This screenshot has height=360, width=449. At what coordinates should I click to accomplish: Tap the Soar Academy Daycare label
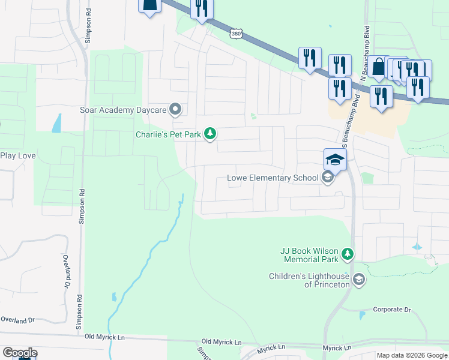[123, 110]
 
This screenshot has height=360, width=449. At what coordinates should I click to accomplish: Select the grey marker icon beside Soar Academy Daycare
[175, 109]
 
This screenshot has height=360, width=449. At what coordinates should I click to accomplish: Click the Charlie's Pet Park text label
[167, 134]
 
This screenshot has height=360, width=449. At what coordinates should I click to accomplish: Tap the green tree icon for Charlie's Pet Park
[209, 133]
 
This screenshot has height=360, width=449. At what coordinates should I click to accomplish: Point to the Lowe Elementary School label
[273, 178]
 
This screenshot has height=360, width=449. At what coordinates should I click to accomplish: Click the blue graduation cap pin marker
[335, 160]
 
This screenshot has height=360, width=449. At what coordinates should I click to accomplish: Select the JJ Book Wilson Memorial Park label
[309, 256]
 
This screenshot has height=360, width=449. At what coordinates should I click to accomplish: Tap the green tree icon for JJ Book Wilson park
[348, 255]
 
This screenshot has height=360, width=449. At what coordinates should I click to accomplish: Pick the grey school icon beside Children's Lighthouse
[358, 280]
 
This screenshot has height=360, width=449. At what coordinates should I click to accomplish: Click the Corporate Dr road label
[391, 310]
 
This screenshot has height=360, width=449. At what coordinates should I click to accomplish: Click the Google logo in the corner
[19, 352]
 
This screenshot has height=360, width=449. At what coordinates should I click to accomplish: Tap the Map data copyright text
[412, 355]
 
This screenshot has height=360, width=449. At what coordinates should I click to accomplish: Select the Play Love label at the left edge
[18, 156]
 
